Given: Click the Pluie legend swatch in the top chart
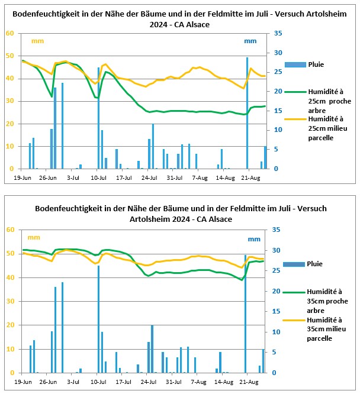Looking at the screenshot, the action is pyautogui.click(x=295, y=64).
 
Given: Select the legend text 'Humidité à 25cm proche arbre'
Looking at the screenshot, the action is pyautogui.click(x=330, y=101).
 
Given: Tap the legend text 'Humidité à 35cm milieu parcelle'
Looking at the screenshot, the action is pyautogui.click(x=326, y=329).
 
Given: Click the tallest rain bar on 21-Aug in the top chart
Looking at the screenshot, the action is pyautogui.click(x=247, y=113).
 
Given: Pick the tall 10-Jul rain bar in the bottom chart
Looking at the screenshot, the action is pyautogui.click(x=98, y=319).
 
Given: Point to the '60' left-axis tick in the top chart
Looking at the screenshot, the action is pyautogui.click(x=10, y=33).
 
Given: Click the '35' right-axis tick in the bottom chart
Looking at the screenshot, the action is pyautogui.click(x=276, y=230).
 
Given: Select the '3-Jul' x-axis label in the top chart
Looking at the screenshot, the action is pyautogui.click(x=73, y=178).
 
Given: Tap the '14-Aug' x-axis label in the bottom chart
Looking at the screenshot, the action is pyautogui.click(x=224, y=382).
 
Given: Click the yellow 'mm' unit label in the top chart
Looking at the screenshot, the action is pyautogui.click(x=37, y=41).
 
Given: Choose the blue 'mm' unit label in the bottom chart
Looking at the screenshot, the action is pyautogui.click(x=254, y=239).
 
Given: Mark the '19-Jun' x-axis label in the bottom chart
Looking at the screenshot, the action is pyautogui.click(x=23, y=382).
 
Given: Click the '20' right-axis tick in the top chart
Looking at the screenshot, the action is pyautogui.click(x=278, y=91).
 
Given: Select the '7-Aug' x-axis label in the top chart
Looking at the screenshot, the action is pyautogui.click(x=200, y=178).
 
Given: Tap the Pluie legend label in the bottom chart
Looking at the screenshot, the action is pyautogui.click(x=314, y=264).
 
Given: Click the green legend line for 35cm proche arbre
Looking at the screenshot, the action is pyautogui.click(x=294, y=292).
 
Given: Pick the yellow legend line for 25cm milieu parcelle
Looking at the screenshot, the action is pyautogui.click(x=295, y=119).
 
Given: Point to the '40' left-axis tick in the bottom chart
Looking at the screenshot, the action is pyautogui.click(x=10, y=277).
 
